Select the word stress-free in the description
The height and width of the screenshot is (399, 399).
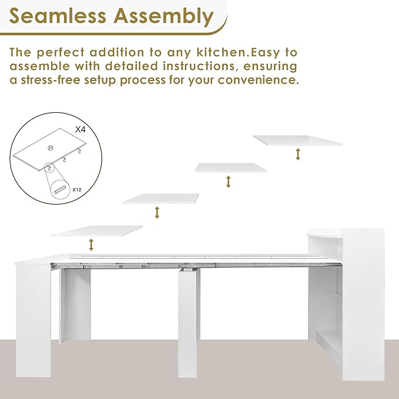click(x=61, y=79)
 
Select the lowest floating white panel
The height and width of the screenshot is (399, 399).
click(x=98, y=231)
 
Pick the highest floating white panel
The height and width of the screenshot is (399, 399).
click(x=297, y=140)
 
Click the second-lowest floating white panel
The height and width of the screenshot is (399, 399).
click(x=160, y=199)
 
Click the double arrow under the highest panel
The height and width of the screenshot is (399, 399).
click(x=299, y=154)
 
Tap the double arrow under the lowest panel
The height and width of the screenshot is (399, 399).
click(x=91, y=244)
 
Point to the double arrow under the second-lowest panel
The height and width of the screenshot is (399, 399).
click(x=157, y=212)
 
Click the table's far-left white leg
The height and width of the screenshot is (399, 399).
click(x=33, y=317)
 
